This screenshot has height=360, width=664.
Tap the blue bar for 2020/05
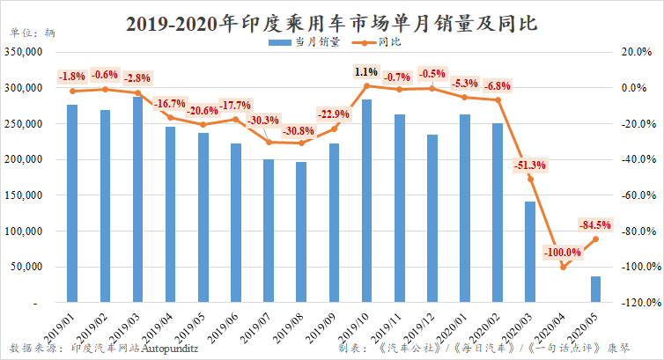coord(595,290)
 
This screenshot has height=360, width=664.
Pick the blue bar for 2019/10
coord(366,202)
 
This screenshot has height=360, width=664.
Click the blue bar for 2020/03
coord(530,252)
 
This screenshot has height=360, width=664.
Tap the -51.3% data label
coord(529,165)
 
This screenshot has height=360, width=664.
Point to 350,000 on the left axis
coord(27,53)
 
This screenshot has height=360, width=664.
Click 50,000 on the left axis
coord(31,268)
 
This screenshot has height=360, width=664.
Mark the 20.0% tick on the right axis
coord(641,53)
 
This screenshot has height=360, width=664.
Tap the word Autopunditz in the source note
coord(171,348)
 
